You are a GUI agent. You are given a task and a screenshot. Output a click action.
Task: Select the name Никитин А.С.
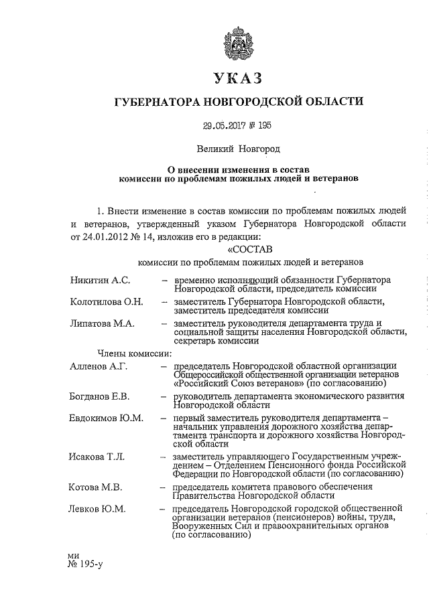click(x=101, y=278)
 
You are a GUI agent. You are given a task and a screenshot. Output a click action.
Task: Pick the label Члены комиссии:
click(x=125, y=353)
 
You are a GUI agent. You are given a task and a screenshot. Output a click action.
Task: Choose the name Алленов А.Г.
click(x=99, y=366)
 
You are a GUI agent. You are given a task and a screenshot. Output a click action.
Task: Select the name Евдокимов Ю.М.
click(x=107, y=419)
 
